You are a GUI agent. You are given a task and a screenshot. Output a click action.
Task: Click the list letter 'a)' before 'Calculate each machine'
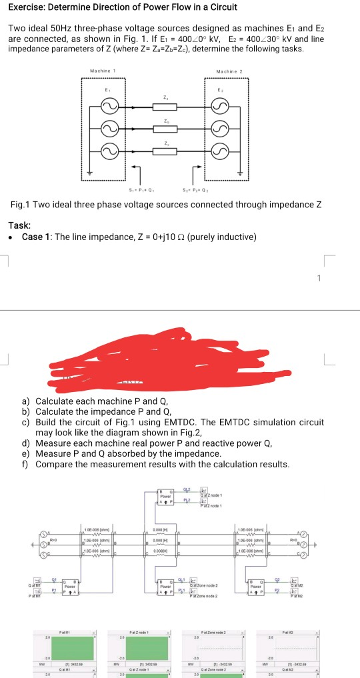coord(26,401)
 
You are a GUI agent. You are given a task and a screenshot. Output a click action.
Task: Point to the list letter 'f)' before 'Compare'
coord(25,464)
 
